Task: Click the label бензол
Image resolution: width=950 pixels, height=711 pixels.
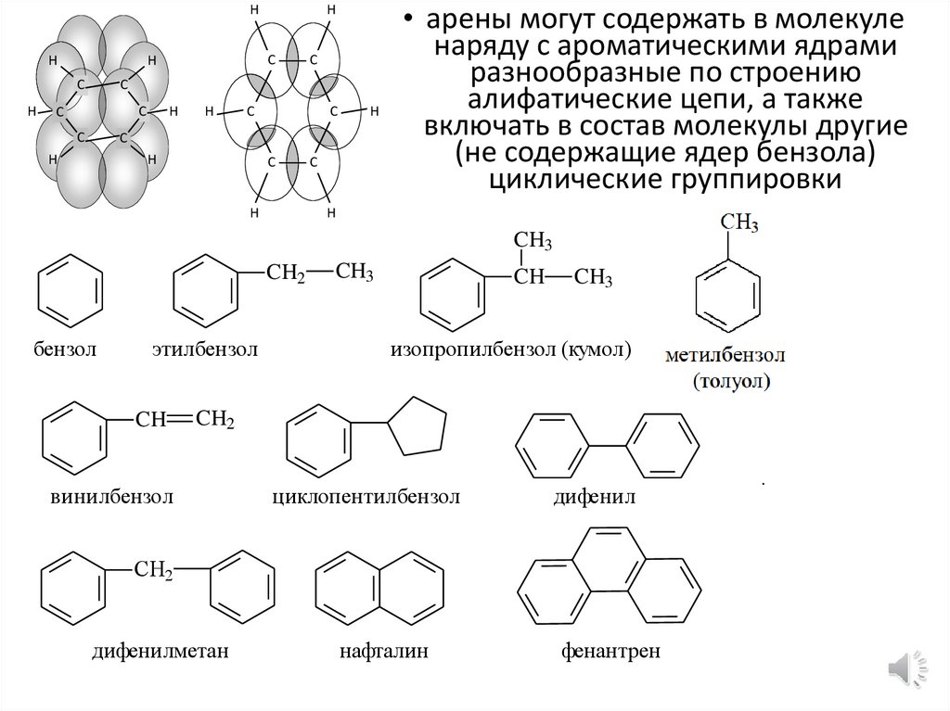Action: click(66, 349)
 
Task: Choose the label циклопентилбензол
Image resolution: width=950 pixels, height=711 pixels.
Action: click(366, 497)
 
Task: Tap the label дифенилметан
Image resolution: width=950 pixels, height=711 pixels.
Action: click(160, 651)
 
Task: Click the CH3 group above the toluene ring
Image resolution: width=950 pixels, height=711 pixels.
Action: click(739, 222)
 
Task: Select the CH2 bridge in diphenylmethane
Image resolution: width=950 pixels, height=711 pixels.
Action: click(154, 570)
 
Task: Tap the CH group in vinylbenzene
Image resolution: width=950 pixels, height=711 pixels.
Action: click(150, 420)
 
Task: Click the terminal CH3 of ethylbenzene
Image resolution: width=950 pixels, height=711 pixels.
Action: click(354, 273)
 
